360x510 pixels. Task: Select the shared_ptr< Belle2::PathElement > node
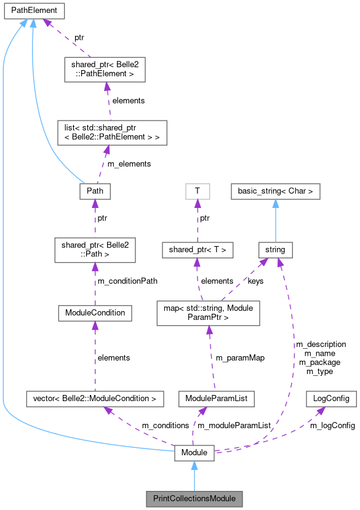tap(105, 70)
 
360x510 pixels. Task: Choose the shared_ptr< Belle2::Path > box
tap(95, 251)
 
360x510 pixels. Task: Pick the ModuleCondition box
tap(95, 313)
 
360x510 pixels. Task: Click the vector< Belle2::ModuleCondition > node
tap(95, 399)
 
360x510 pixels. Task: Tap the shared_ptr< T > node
tap(197, 250)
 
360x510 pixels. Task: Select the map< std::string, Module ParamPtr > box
tap(209, 313)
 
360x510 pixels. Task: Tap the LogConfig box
tap(331, 399)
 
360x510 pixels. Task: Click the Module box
tap(194, 453)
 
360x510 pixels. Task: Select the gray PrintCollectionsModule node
tap(194, 496)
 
